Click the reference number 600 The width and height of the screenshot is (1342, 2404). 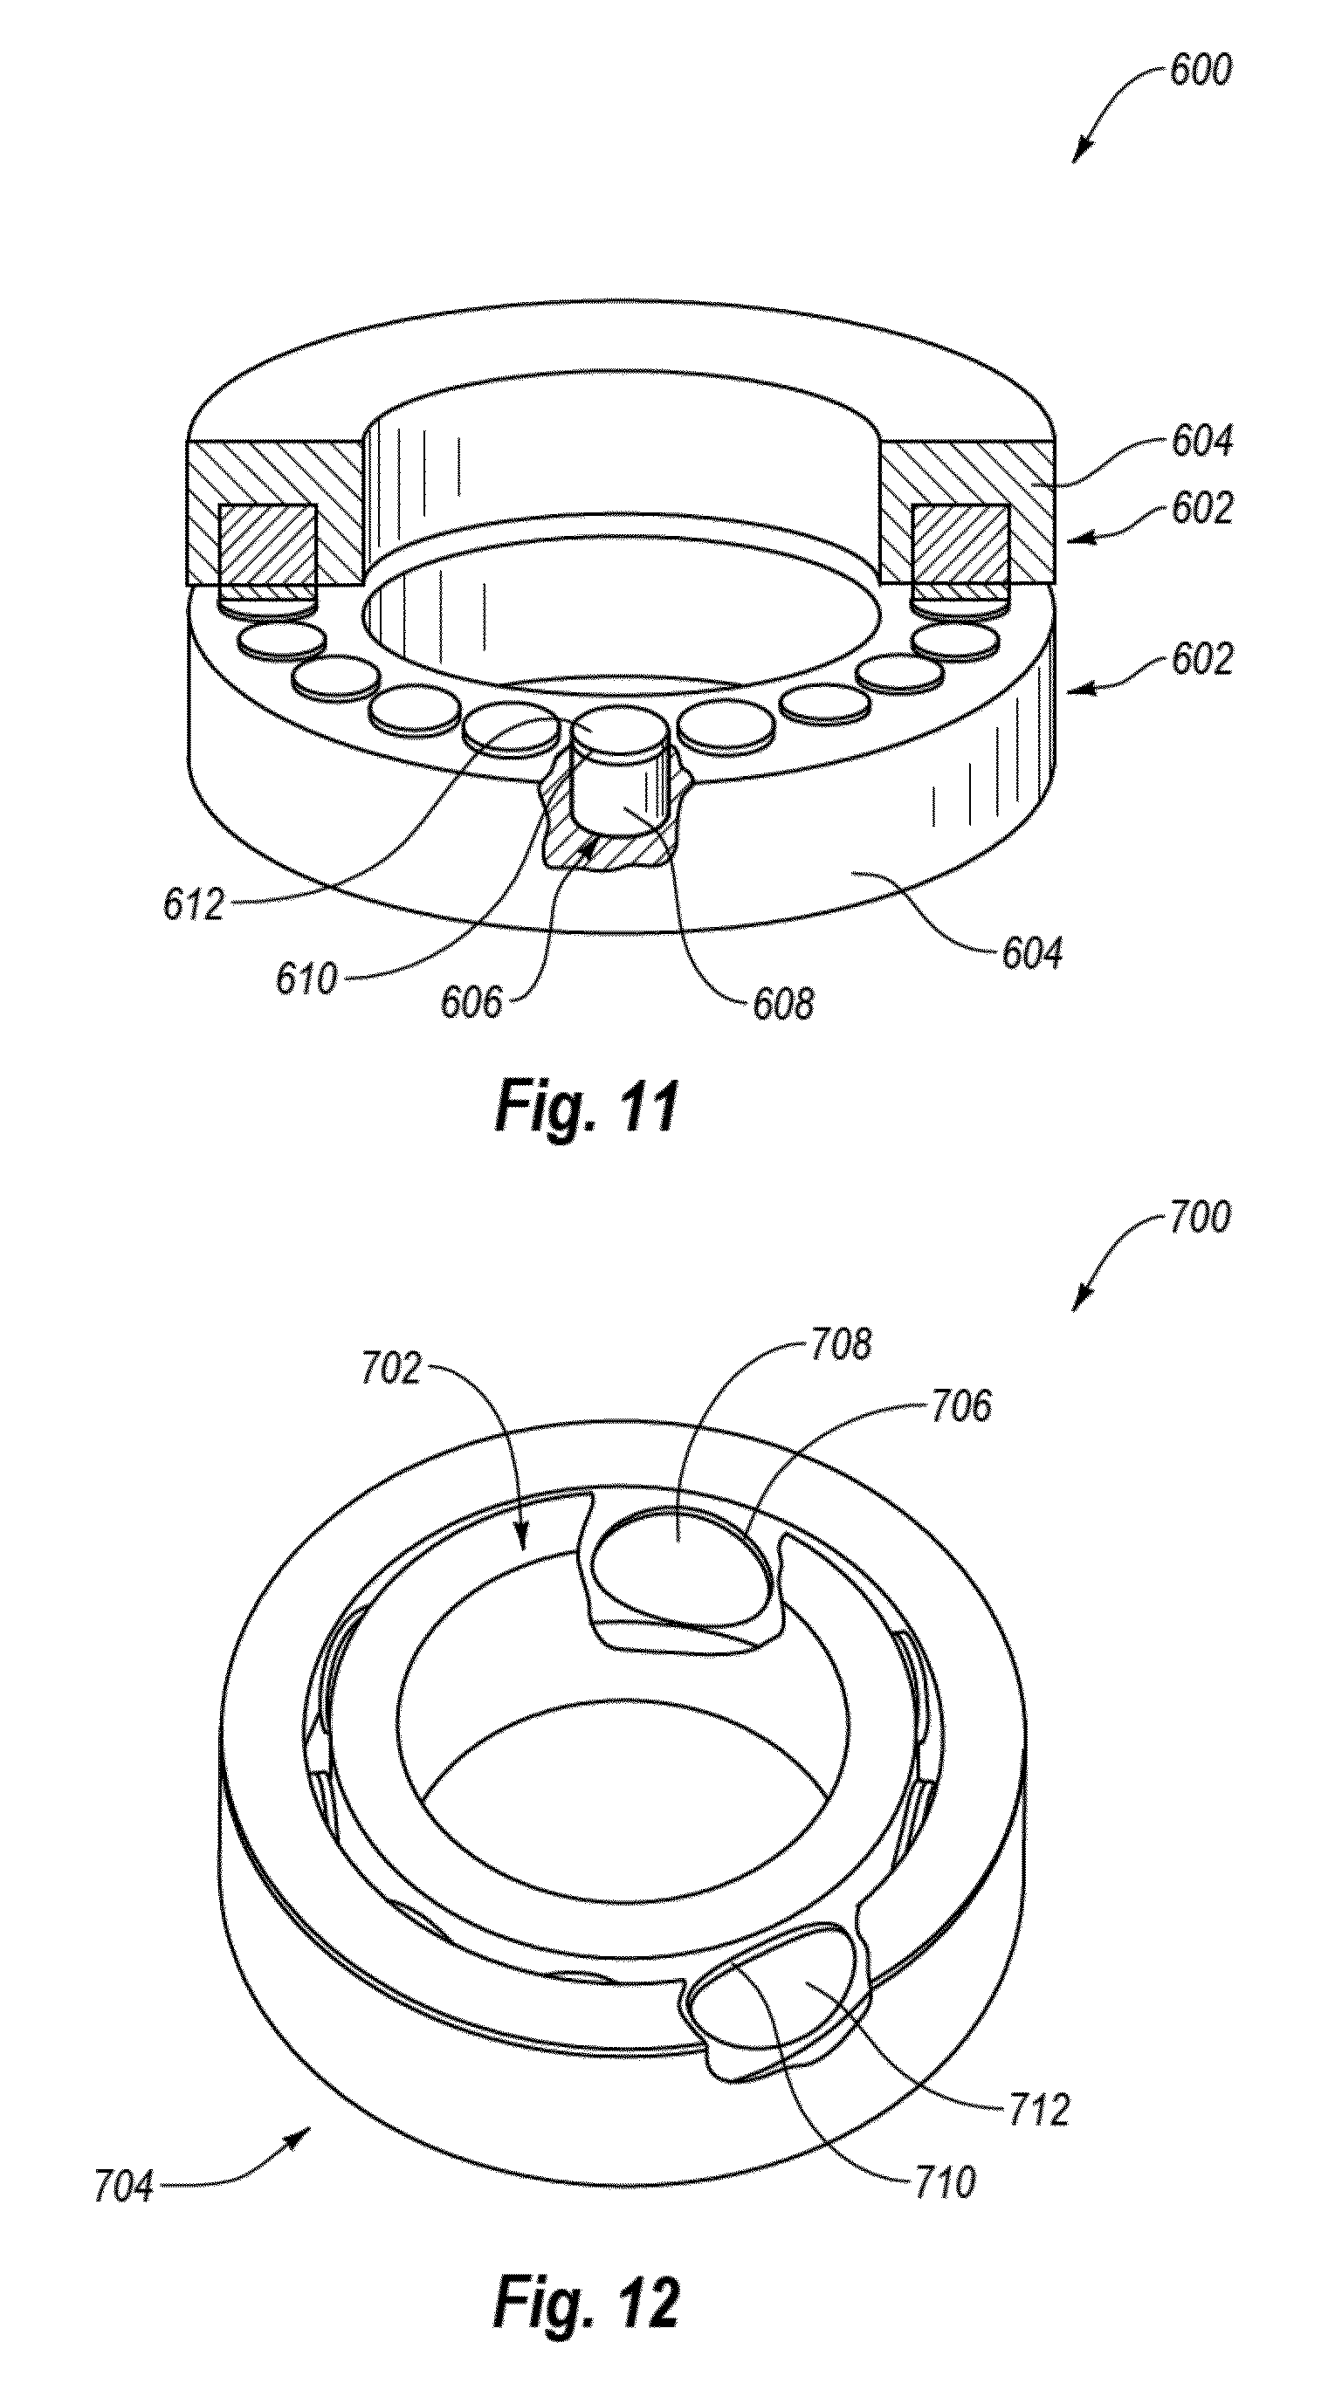pyautogui.click(x=1201, y=71)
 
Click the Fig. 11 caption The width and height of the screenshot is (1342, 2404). pyautogui.click(x=586, y=1106)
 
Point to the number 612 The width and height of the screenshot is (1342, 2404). pyautogui.click(x=194, y=904)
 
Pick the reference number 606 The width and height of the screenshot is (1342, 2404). pyautogui.click(x=471, y=1002)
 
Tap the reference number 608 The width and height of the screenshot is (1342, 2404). pyautogui.click(x=783, y=1004)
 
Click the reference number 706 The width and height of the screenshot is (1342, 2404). pyautogui.click(x=960, y=1406)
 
